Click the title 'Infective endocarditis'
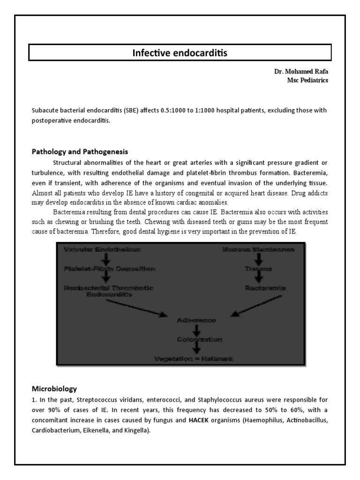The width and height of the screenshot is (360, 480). click(x=180, y=52)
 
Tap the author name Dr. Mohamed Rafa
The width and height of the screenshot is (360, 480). click(x=301, y=72)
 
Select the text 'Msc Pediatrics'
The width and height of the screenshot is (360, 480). click(x=307, y=80)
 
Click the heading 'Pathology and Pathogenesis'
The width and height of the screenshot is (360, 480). click(x=80, y=152)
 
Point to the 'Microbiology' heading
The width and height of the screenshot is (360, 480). click(x=54, y=389)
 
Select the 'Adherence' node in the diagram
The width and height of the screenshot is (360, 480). click(x=196, y=320)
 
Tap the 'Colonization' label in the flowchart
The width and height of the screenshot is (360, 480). click(x=196, y=339)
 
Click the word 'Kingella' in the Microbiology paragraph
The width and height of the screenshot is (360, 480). click(x=135, y=432)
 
